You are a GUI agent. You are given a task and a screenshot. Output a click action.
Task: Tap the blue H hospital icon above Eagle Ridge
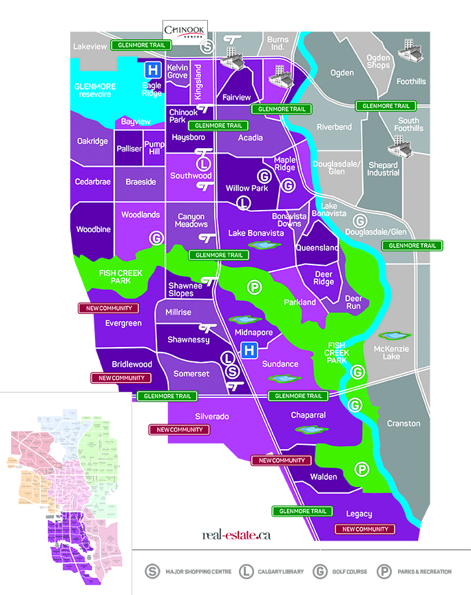coord(152,70)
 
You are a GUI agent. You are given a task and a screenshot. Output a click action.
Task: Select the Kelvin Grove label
coord(178,72)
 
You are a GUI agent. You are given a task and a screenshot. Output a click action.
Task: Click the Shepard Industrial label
coord(383,169)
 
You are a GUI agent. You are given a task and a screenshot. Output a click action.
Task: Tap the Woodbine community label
coord(94,229)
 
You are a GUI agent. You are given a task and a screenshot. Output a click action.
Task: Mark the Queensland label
coord(317,248)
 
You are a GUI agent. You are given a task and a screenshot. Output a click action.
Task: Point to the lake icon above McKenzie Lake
coord(390,336)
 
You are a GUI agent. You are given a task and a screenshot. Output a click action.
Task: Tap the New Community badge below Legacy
coord(365,529)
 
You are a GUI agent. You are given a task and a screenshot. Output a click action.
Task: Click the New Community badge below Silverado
coord(177,430)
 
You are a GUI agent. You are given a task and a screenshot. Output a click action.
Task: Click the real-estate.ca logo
coord(235,534)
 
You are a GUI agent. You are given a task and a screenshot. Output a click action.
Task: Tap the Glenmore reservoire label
coord(96,90)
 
